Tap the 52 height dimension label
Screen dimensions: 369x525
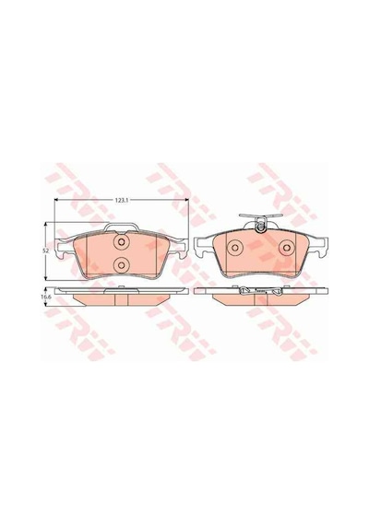point(47,251)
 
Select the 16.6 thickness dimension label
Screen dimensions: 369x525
point(47,297)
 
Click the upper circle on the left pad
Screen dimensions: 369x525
point(121,242)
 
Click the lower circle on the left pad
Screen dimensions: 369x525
point(121,265)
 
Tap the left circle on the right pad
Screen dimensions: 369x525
point(234,248)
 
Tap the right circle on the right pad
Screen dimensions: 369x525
point(287,248)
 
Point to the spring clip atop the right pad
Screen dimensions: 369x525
point(260,222)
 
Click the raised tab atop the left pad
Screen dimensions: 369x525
point(121,227)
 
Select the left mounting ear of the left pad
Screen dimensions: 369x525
point(65,248)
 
